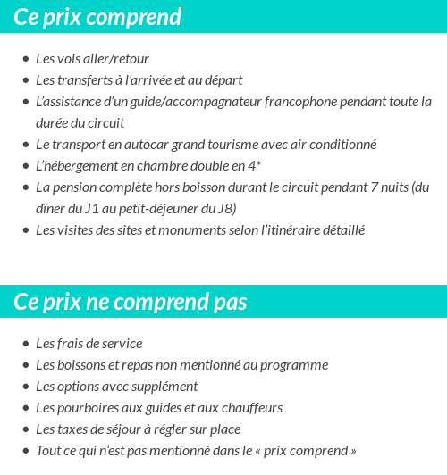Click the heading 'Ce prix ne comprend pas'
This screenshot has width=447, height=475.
130,302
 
